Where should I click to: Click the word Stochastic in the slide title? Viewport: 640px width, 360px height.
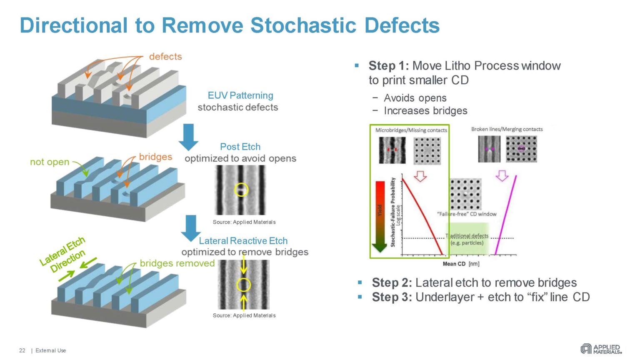click(303, 25)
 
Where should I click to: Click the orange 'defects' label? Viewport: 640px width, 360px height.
click(165, 57)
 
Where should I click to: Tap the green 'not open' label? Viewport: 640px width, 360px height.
click(50, 162)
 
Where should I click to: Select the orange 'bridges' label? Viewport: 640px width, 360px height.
click(155, 157)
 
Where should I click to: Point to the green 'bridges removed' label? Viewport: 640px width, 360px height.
click(177, 263)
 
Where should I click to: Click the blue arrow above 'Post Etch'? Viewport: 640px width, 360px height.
click(188, 137)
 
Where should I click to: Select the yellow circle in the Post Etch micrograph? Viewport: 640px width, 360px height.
click(241, 190)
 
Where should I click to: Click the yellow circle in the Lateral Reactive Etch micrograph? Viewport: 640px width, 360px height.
click(243, 285)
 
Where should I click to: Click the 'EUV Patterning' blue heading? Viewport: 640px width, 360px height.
click(240, 95)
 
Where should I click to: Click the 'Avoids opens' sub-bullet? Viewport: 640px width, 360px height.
click(415, 98)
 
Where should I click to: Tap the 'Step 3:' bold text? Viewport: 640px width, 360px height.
click(392, 297)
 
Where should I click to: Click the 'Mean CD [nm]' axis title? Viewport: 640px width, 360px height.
click(461, 264)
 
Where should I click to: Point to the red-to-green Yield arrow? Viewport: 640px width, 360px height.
click(380, 217)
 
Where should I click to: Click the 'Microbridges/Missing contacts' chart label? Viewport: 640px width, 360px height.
click(411, 130)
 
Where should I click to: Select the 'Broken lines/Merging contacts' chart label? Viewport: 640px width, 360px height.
click(507, 129)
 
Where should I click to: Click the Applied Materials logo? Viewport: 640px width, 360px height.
click(600, 349)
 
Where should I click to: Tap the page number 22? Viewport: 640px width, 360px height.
click(22, 350)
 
